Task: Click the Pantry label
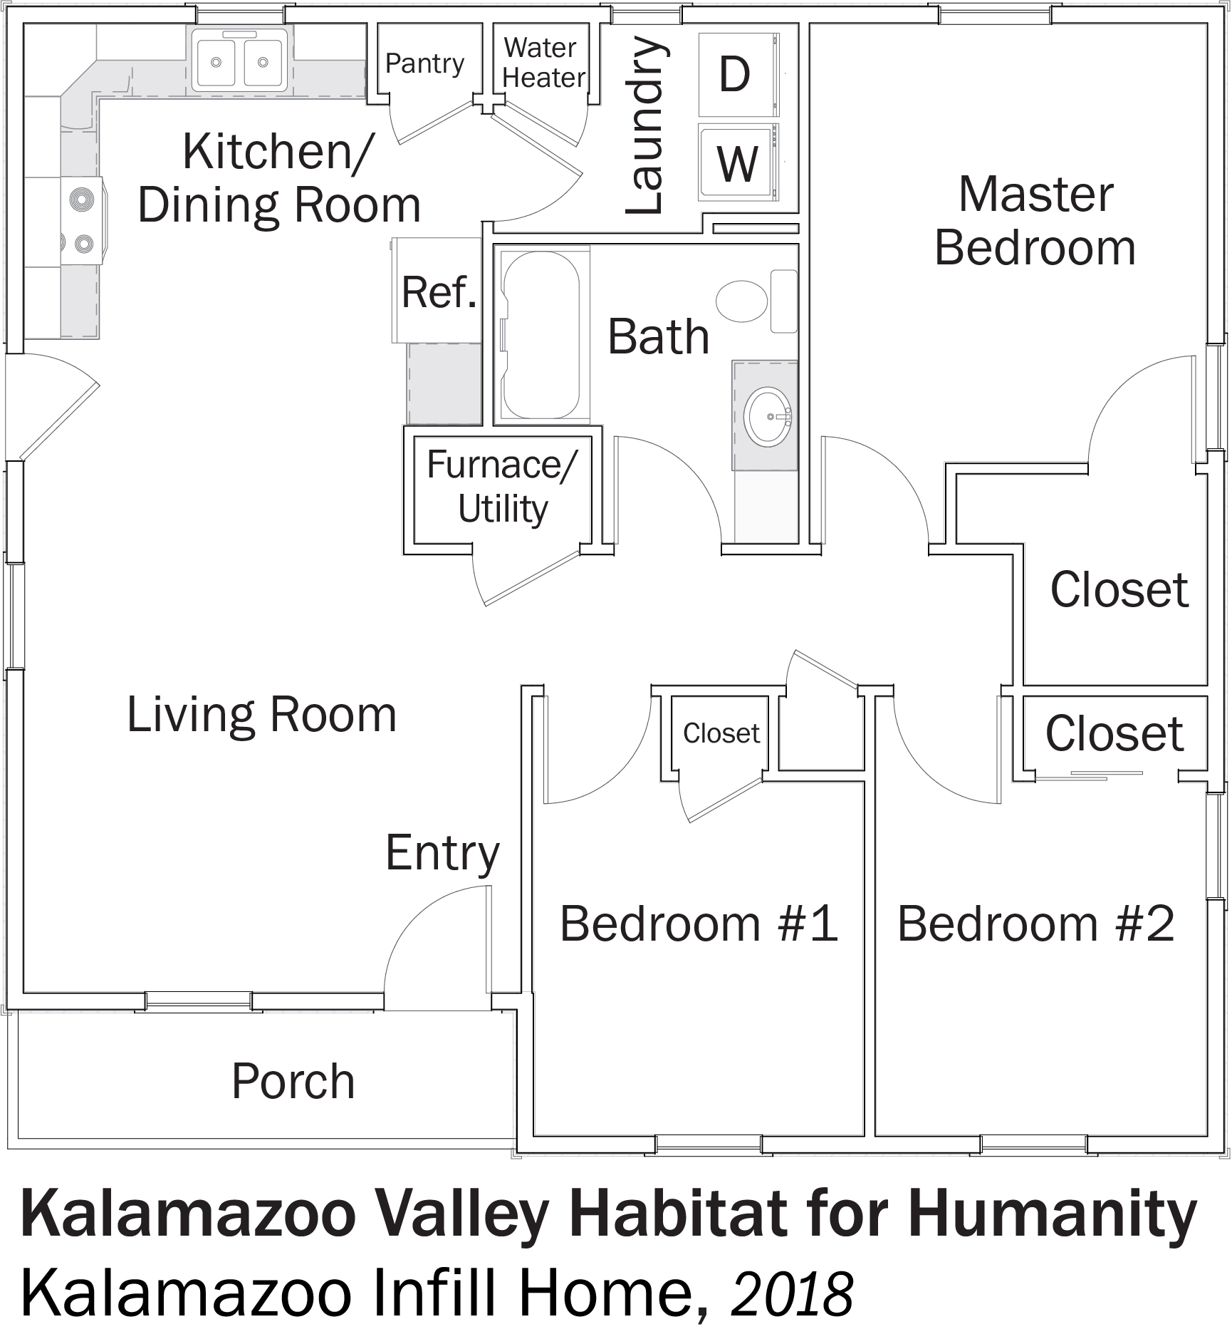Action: [424, 63]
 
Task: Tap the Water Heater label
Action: [543, 63]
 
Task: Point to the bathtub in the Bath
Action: [542, 335]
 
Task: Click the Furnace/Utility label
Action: [503, 487]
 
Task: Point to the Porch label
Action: [293, 1081]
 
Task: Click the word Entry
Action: [442, 854]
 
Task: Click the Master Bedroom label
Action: [1035, 221]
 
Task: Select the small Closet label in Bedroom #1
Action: [721, 733]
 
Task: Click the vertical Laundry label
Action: [647, 126]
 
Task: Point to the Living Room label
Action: [261, 715]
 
